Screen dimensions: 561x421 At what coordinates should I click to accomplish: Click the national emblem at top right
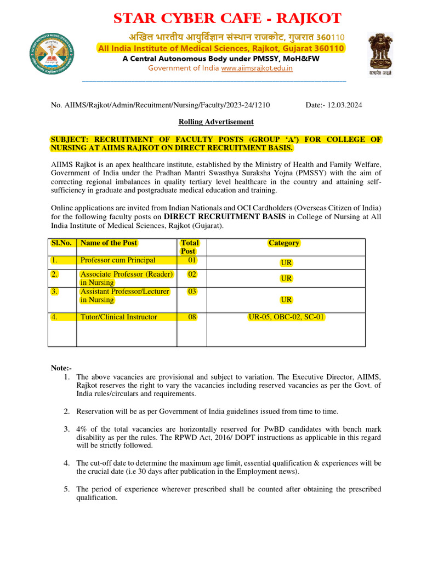(x=380, y=53)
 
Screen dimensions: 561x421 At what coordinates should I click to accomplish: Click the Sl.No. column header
(x=61, y=243)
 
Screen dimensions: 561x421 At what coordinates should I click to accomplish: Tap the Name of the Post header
(x=109, y=243)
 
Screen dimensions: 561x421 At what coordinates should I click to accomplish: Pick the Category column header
(x=284, y=243)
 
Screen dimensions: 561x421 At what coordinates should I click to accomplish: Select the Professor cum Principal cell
(x=118, y=260)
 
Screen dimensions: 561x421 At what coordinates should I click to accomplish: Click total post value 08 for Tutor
(x=192, y=317)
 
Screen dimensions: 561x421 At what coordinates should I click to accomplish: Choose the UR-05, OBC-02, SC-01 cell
(x=287, y=317)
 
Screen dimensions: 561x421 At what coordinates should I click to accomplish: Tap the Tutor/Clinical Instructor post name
(x=118, y=317)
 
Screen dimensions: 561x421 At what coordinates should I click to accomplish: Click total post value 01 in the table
(x=192, y=260)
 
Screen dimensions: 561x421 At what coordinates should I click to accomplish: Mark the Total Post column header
(x=190, y=247)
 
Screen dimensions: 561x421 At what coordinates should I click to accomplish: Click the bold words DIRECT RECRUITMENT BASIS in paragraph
(x=225, y=216)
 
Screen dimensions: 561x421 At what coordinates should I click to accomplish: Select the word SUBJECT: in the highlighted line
(x=69, y=140)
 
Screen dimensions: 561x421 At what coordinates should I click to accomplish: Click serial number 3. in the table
(x=54, y=291)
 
